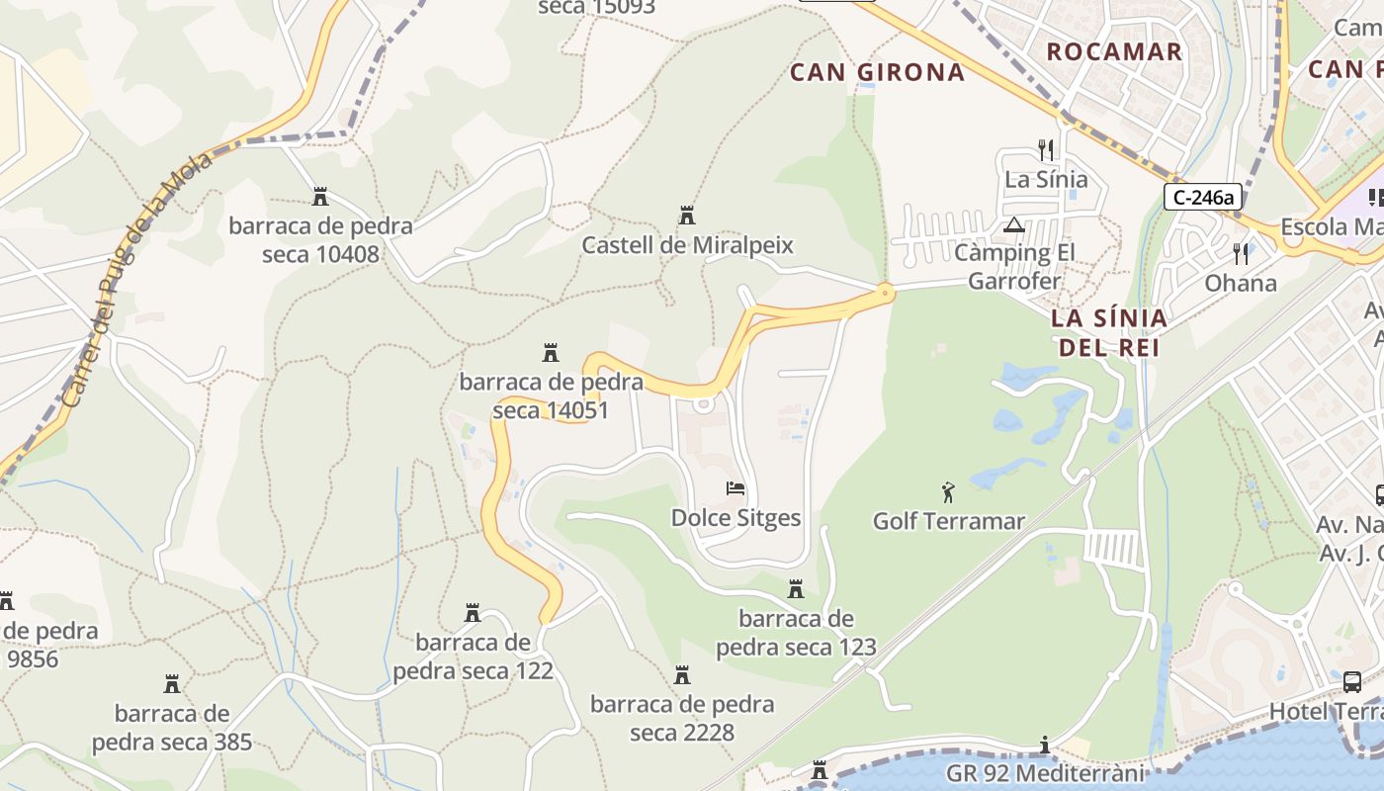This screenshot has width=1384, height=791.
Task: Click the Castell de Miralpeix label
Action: (687, 245)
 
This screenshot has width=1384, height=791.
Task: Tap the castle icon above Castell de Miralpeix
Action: (687, 216)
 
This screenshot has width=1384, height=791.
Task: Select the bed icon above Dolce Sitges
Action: (735, 488)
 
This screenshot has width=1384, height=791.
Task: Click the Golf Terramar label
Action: (948, 521)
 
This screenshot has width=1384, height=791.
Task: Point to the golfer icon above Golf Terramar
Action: (948, 490)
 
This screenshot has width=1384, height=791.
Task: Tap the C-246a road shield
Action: (1202, 198)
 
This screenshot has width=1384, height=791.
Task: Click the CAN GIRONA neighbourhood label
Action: (877, 72)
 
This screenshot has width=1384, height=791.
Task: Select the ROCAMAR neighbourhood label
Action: (1114, 51)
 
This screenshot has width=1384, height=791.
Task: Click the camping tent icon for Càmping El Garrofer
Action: (1014, 224)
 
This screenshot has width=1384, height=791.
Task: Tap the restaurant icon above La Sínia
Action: (1046, 150)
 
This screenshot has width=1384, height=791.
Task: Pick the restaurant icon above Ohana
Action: (1241, 254)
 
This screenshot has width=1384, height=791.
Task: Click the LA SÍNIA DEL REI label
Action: (1108, 333)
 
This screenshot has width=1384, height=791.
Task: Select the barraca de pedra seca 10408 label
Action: (320, 240)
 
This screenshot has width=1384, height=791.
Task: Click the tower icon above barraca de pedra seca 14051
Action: (551, 352)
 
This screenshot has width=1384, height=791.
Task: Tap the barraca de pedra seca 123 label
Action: (796, 633)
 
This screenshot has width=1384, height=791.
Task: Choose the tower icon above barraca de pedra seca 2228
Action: (682, 675)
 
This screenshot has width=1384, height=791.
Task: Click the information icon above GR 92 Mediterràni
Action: (1044, 745)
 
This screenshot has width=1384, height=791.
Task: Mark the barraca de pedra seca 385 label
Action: (172, 727)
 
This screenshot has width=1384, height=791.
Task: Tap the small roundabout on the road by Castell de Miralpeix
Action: (885, 292)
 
